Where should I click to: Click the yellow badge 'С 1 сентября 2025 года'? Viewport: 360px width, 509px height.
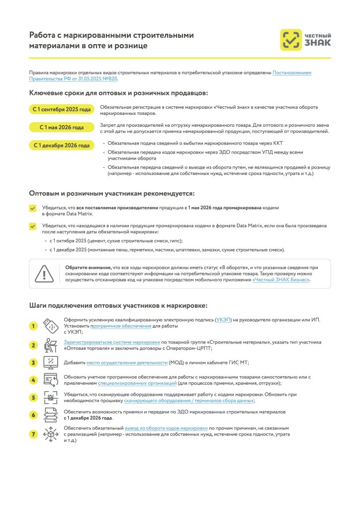coord(62,109)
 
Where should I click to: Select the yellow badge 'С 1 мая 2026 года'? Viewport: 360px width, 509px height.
coord(62,127)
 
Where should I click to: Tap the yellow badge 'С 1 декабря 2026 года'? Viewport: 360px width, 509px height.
coord(62,146)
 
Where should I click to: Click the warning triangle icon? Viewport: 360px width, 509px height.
coord(44,274)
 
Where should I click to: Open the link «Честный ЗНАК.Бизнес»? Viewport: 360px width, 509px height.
coord(281,280)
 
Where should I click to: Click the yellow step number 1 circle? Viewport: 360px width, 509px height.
coord(33,326)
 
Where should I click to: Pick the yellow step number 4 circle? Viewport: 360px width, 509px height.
coord(33,380)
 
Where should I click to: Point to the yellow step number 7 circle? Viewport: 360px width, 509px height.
coord(33,434)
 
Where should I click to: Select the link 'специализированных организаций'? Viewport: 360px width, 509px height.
coord(137,383)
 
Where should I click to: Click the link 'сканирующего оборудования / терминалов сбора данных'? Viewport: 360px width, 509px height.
coord(196,401)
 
